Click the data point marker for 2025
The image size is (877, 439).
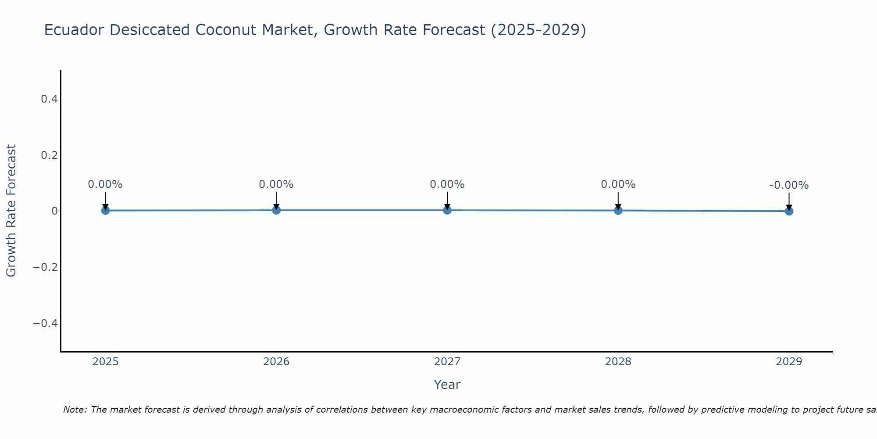(x=105, y=210)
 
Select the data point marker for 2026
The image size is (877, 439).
(x=276, y=210)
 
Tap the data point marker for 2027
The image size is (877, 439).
(x=447, y=210)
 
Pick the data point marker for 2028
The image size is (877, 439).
(x=618, y=210)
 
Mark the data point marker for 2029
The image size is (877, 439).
(x=789, y=211)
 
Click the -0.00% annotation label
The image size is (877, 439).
(x=789, y=185)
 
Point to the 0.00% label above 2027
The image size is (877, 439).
(x=447, y=184)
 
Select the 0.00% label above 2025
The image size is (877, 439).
(x=105, y=184)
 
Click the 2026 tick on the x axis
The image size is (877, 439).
(x=276, y=362)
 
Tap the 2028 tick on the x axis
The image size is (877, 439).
(x=618, y=362)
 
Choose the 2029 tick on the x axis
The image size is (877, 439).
(x=789, y=362)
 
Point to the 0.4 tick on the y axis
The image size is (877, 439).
(x=49, y=99)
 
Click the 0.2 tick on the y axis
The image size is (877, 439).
(x=49, y=155)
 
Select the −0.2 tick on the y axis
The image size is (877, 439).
(x=46, y=267)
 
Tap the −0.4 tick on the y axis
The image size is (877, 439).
(x=46, y=324)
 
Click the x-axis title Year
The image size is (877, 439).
(x=447, y=385)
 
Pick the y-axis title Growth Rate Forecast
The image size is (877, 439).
(x=11, y=211)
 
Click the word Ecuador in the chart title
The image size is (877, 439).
(x=74, y=30)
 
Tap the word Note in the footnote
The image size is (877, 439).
(x=74, y=410)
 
